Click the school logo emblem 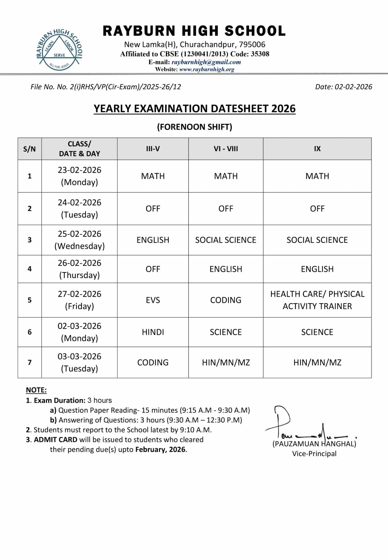[59, 50]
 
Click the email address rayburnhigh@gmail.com [206, 62]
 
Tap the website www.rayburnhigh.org [207, 69]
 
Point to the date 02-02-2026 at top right [353, 87]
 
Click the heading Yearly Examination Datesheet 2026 [195, 109]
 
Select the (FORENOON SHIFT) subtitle [195, 127]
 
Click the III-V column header [153, 149]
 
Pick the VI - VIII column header [226, 149]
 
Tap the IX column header [317, 149]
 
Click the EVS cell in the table [153, 300]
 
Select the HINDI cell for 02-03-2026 [153, 332]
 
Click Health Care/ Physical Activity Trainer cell [317, 300]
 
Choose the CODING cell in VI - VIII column [226, 300]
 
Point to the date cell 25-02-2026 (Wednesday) [80, 240]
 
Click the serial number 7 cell [30, 362]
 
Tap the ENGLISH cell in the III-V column [153, 240]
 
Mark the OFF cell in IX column [317, 209]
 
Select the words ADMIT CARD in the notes [55, 440]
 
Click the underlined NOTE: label [36, 390]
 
